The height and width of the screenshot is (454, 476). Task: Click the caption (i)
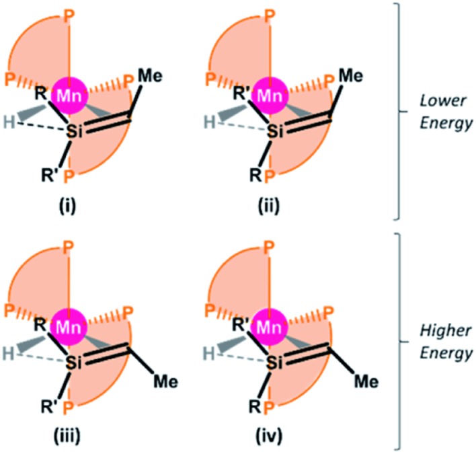click(x=70, y=200)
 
